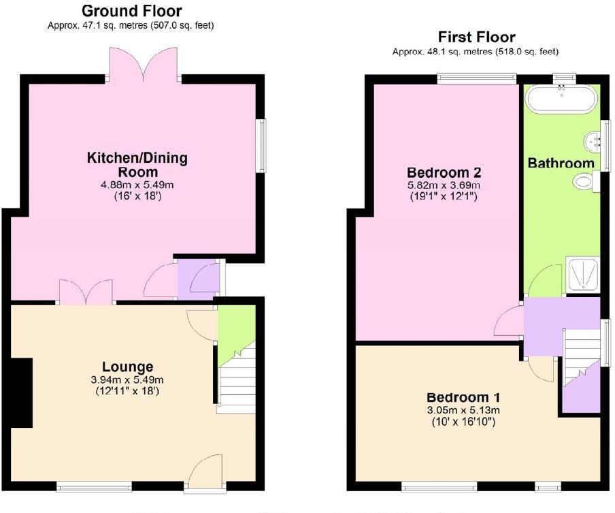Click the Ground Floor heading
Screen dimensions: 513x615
pyautogui.click(x=131, y=11)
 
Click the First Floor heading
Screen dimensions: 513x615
pyautogui.click(x=476, y=37)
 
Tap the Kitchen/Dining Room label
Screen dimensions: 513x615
pyautogui.click(x=137, y=164)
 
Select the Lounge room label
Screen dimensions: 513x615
pyautogui.click(x=128, y=367)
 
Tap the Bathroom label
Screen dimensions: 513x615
pyautogui.click(x=561, y=163)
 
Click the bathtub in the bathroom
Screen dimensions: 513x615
pyautogui.click(x=561, y=99)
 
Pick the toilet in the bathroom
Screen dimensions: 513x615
pyautogui.click(x=584, y=181)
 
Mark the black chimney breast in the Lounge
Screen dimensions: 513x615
pyautogui.click(x=22, y=392)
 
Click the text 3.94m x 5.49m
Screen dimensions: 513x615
pyautogui.click(x=128, y=379)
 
